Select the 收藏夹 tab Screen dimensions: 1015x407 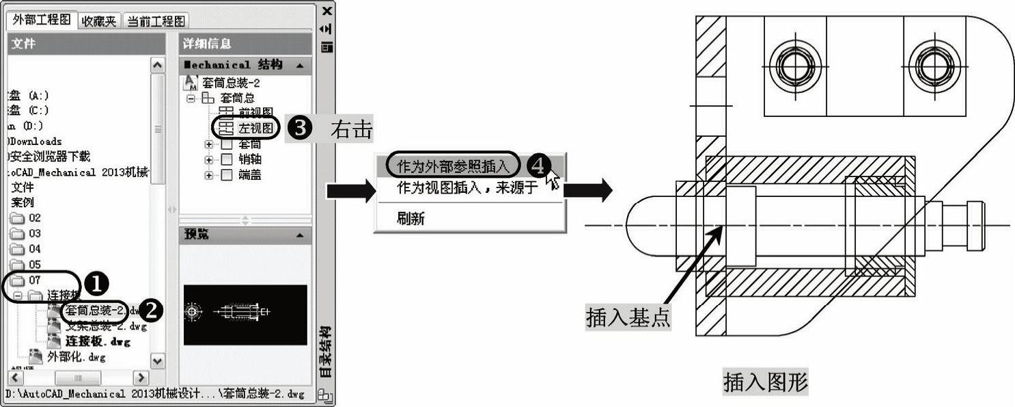(x=99, y=21)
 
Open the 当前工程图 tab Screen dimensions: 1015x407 (x=156, y=21)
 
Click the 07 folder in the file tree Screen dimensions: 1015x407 (x=34, y=280)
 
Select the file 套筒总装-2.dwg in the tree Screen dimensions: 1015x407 (x=95, y=311)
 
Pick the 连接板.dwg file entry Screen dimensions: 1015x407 (x=97, y=341)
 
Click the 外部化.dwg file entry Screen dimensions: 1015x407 (x=76, y=356)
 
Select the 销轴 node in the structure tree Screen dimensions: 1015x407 (x=250, y=159)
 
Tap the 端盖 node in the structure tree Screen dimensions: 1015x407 (x=250, y=175)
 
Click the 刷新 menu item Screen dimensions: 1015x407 (x=411, y=218)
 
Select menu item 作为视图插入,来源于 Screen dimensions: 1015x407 (x=468, y=187)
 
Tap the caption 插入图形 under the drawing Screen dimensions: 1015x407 (x=766, y=382)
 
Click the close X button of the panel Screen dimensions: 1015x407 (x=327, y=11)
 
